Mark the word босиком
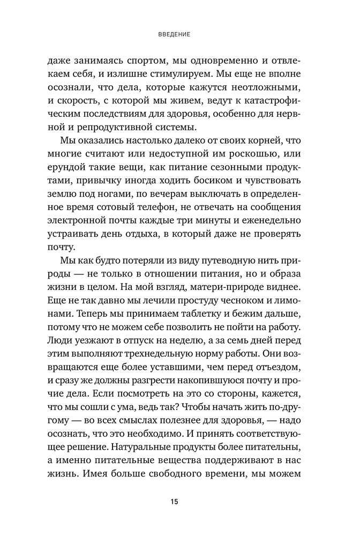[205, 186]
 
